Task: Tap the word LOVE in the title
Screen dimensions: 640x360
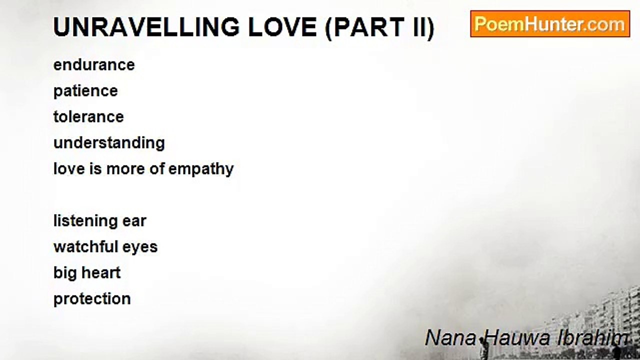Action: (282, 27)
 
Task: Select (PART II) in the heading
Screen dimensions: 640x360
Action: (380, 27)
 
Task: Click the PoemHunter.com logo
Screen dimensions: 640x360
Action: (550, 24)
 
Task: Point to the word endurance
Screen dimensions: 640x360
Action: (94, 65)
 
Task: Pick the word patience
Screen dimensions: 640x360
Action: (85, 91)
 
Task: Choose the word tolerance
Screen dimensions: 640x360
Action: (88, 116)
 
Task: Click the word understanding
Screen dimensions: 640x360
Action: (109, 143)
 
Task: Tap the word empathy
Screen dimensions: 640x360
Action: (201, 169)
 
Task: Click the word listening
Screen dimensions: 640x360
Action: (85, 221)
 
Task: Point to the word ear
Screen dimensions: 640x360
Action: (134, 221)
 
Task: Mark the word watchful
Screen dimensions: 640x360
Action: (85, 246)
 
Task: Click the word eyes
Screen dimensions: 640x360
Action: (140, 247)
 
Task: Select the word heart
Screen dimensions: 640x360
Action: (101, 273)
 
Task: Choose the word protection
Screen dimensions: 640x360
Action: (92, 299)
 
